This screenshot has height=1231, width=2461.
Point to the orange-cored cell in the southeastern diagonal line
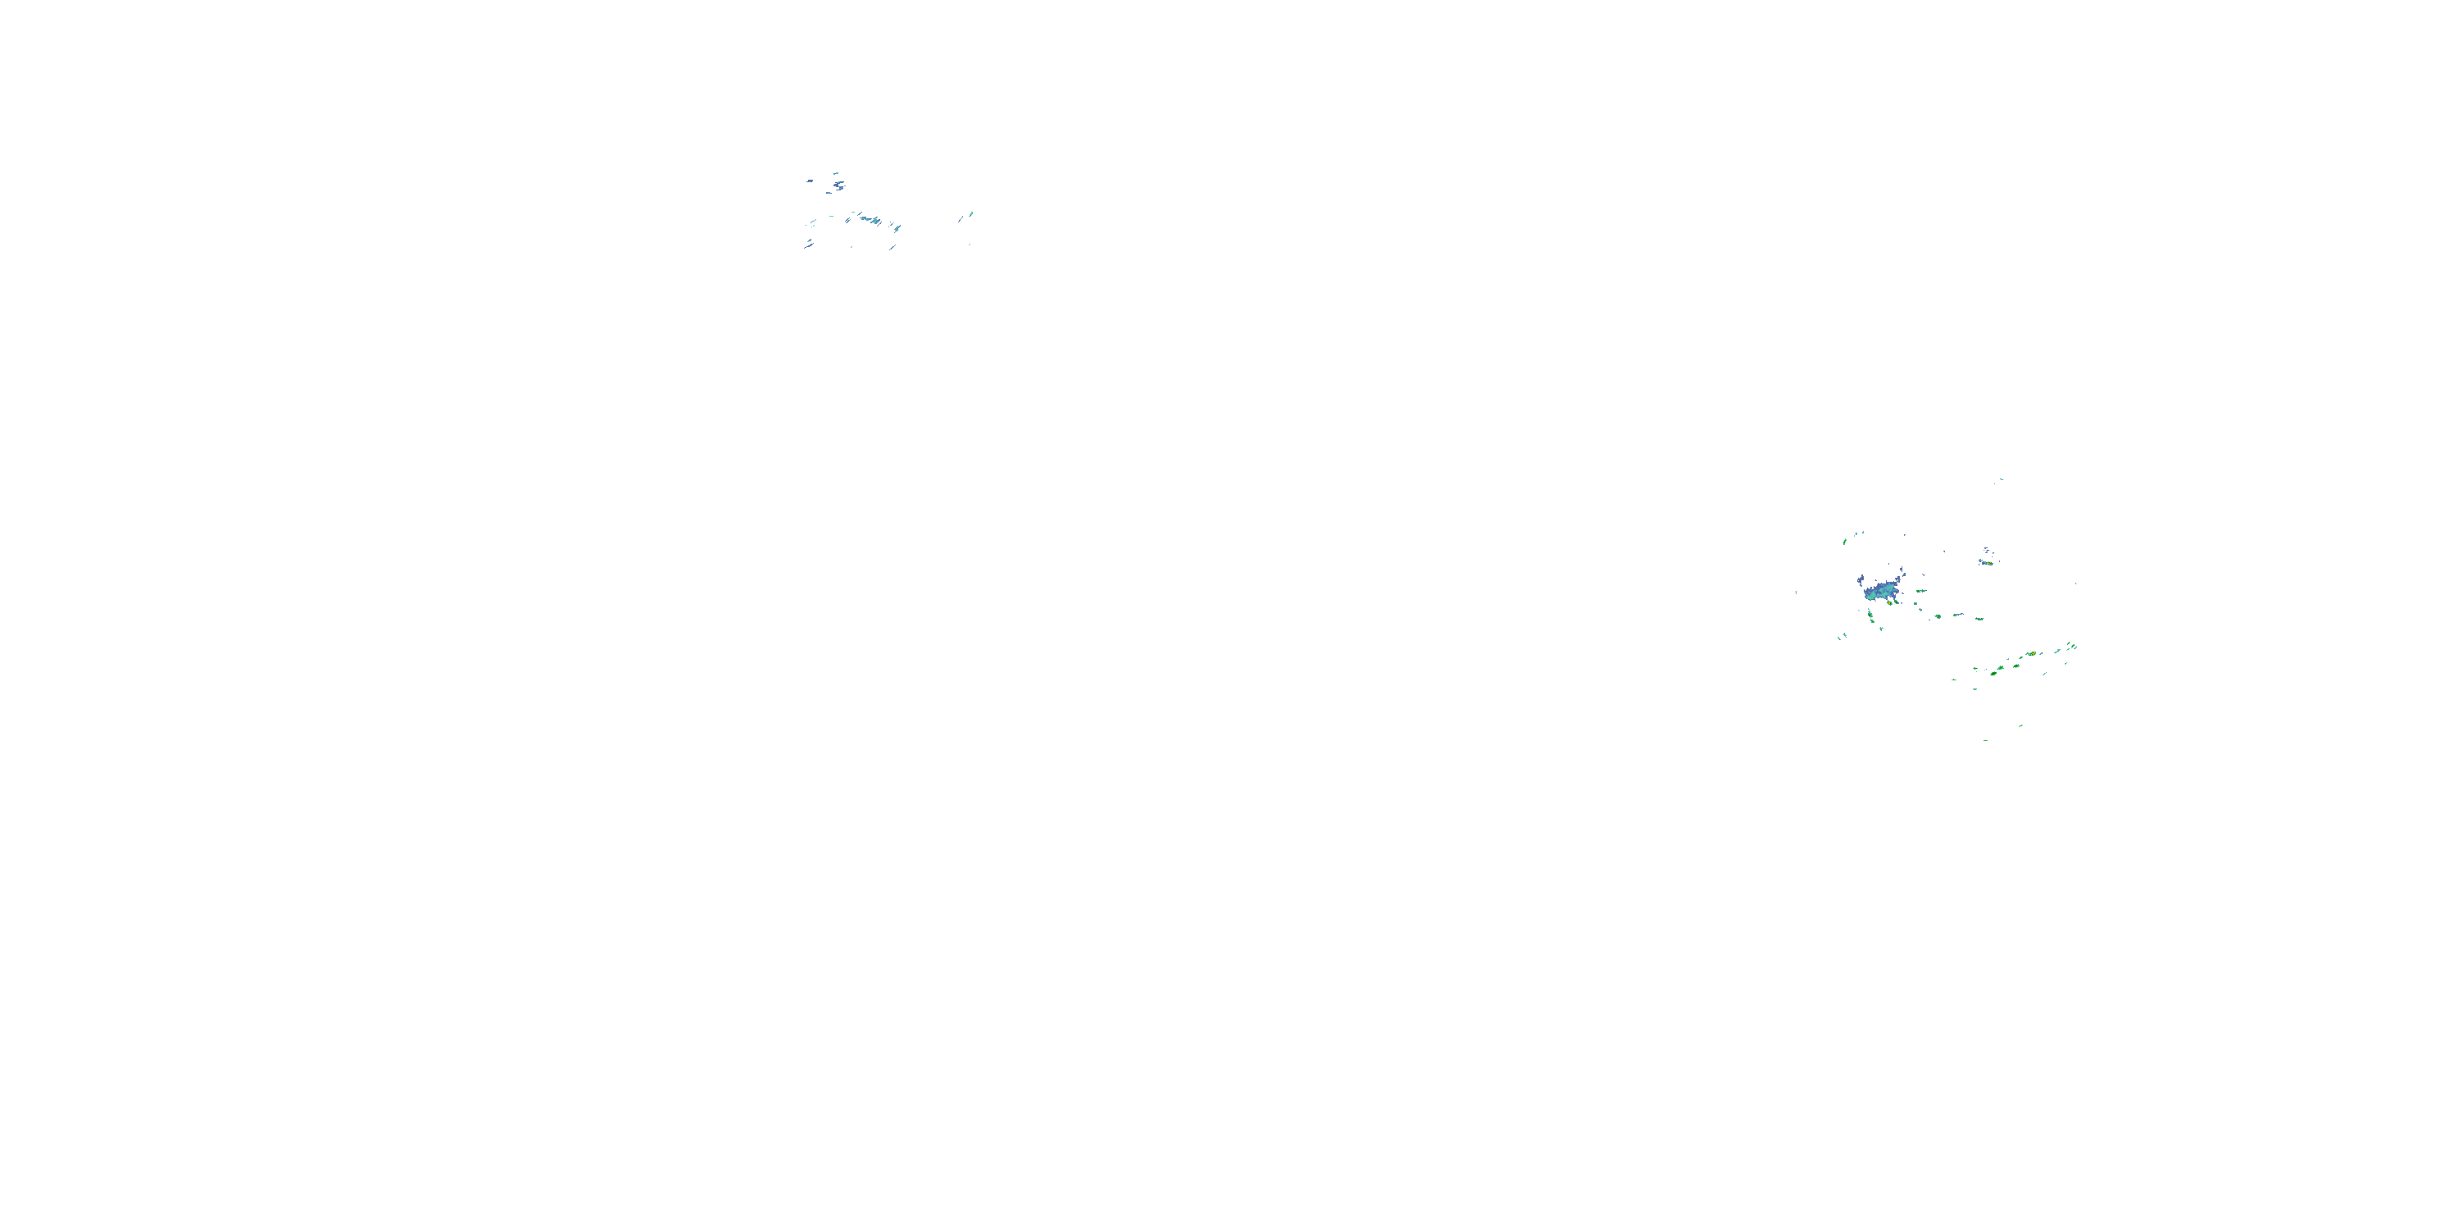coord(2030,654)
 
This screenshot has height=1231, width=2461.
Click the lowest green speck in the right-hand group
coord(1985,739)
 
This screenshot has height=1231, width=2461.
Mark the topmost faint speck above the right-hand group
coord(2001,480)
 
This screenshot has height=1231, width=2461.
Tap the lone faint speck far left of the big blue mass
coord(1796,593)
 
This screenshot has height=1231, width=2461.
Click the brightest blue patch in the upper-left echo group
coord(870,220)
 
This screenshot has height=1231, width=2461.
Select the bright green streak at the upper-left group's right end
coord(970,214)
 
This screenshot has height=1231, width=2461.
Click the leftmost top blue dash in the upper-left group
coord(809,180)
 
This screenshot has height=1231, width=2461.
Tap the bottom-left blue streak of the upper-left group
coord(808,245)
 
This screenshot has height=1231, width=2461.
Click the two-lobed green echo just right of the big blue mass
coord(1920,591)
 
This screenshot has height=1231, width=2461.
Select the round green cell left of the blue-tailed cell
coord(1938,616)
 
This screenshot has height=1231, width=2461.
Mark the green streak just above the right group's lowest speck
coord(2020,726)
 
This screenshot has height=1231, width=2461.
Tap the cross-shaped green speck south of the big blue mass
coord(1881,628)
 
